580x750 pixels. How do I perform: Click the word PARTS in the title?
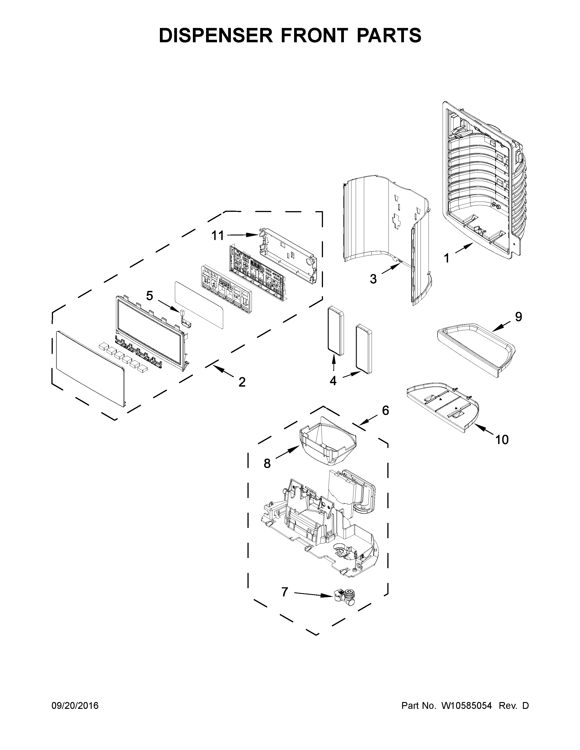(389, 35)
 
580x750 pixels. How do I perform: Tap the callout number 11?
(217, 236)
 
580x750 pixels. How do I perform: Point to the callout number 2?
(242, 382)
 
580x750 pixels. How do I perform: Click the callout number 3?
(373, 279)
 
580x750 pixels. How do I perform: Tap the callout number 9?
(519, 317)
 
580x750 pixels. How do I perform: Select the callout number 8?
(267, 464)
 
